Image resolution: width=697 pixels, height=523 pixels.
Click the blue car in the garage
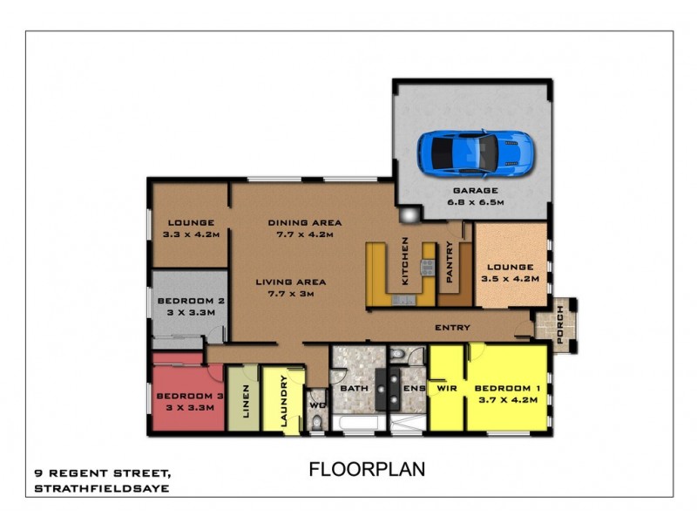point(474,152)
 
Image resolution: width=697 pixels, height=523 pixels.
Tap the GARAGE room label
point(475,190)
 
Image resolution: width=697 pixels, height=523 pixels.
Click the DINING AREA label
point(304,222)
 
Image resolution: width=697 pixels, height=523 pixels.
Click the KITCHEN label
point(405,261)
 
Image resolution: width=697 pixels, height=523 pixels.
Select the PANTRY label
point(450,261)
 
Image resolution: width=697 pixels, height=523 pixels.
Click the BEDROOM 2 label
point(191,301)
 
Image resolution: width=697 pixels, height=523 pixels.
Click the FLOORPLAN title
point(367,469)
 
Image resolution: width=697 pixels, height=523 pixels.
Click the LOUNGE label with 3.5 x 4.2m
point(511,268)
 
